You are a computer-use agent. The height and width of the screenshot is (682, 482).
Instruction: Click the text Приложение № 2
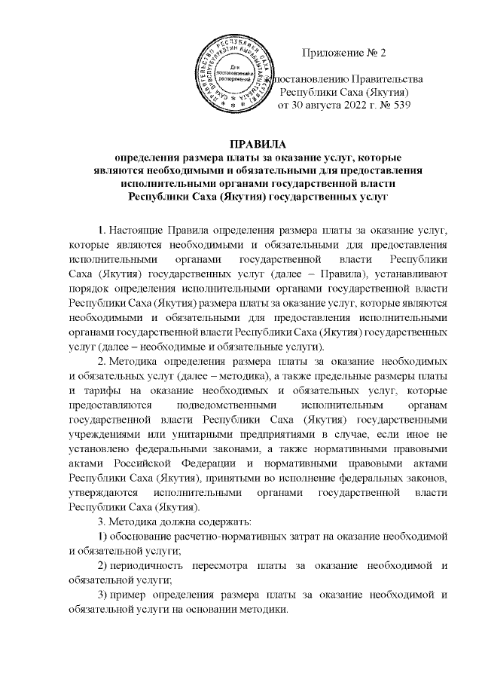coord(343,53)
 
